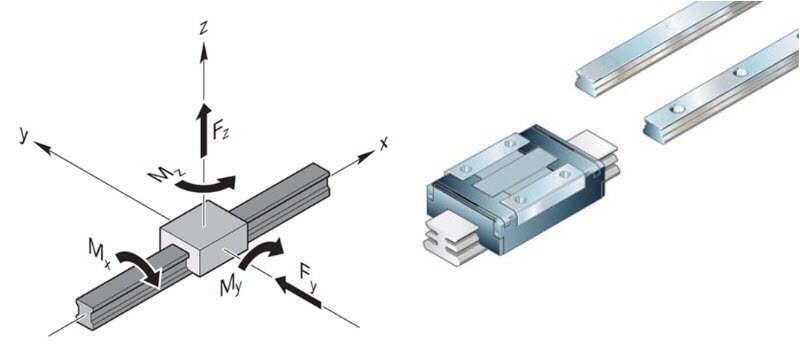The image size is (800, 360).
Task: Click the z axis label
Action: point(204,28)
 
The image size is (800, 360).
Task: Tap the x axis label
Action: point(383,143)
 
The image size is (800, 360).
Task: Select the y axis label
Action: point(23,135)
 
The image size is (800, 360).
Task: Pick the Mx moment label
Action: point(99,252)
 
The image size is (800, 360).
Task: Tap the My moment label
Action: point(230,288)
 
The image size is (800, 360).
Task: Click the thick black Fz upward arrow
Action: point(205,130)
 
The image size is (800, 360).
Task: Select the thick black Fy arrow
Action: point(298,292)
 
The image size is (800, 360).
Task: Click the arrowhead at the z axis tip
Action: point(204,52)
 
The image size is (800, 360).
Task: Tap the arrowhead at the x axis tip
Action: point(366,158)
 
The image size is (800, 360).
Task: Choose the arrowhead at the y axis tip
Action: point(43,147)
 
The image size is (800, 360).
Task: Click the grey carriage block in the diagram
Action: point(204,237)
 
